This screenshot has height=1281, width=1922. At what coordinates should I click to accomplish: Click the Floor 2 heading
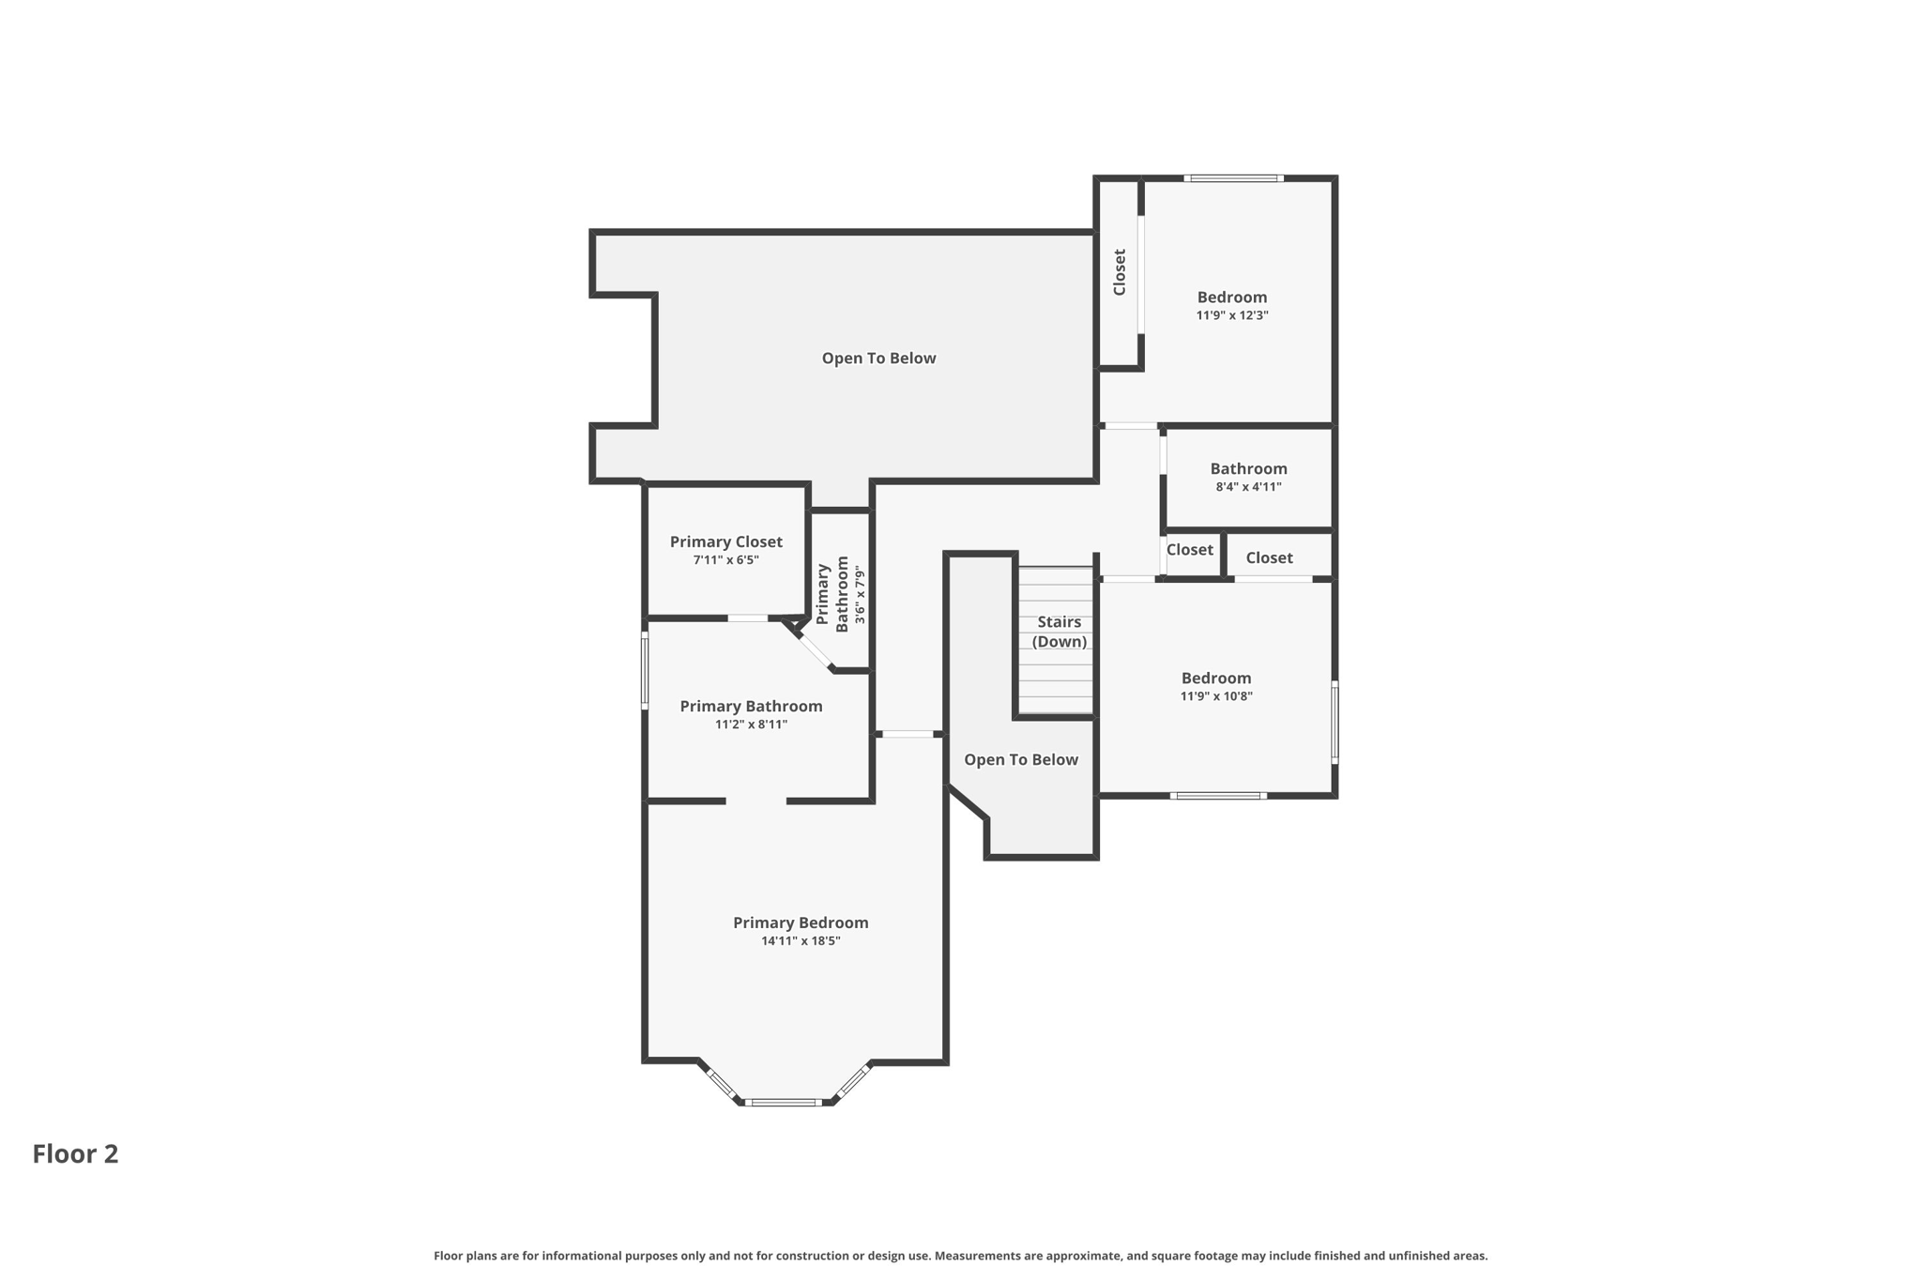pyautogui.click(x=75, y=1153)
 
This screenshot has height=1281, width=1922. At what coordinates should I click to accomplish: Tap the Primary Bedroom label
pyautogui.click(x=801, y=923)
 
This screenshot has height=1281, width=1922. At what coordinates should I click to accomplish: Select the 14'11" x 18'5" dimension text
pyautogui.click(x=801, y=941)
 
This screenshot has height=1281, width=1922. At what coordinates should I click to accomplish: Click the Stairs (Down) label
pyautogui.click(x=1060, y=632)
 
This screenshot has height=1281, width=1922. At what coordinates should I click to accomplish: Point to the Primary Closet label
pyautogui.click(x=725, y=541)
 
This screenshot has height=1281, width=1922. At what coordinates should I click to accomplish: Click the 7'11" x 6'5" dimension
pyautogui.click(x=725, y=560)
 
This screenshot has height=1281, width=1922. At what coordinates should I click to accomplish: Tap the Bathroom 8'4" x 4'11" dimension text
pyautogui.click(x=1248, y=487)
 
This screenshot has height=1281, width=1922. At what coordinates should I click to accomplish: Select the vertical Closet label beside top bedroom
pyautogui.click(x=1120, y=272)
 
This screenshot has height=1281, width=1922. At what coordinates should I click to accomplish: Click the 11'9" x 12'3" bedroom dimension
pyautogui.click(x=1232, y=316)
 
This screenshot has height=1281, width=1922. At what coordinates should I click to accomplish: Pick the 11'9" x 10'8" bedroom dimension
pyautogui.click(x=1216, y=696)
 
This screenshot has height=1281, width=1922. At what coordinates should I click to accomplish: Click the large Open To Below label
pyautogui.click(x=878, y=358)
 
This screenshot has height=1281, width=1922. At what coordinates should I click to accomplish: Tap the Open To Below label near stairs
pyautogui.click(x=1021, y=759)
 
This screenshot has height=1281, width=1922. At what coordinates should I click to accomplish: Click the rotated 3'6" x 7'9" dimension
pyautogui.click(x=860, y=594)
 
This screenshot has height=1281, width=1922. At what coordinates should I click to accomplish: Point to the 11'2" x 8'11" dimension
pyautogui.click(x=751, y=724)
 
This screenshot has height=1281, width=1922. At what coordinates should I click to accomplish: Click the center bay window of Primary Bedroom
pyautogui.click(x=784, y=1103)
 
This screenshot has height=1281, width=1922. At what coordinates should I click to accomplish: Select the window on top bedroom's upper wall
pyautogui.click(x=1233, y=178)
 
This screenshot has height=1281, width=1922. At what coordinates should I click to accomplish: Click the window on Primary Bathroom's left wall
pyautogui.click(x=645, y=670)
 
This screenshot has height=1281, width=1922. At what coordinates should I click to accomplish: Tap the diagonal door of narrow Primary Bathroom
pyautogui.click(x=816, y=648)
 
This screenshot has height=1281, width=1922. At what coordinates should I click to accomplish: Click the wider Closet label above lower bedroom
pyautogui.click(x=1269, y=557)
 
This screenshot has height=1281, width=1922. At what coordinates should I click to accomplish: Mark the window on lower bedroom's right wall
pyautogui.click(x=1335, y=721)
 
